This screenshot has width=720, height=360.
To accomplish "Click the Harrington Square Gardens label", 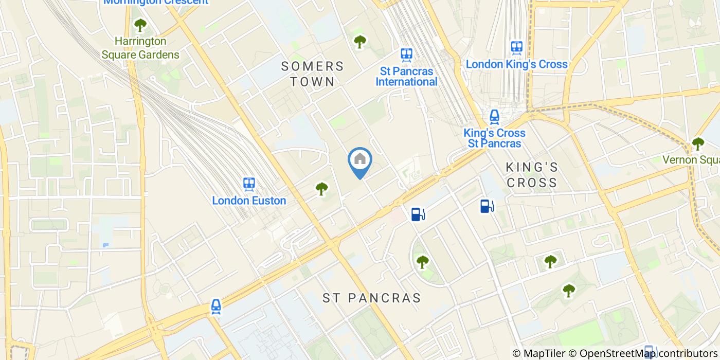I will tap(140, 48).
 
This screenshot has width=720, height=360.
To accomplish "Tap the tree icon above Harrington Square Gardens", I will tap(140, 25).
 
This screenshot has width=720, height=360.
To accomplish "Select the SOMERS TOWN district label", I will tap(312, 74).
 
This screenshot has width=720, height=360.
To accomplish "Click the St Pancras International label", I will tap(406, 76).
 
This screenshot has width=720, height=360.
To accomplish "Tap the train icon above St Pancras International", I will tap(407, 54).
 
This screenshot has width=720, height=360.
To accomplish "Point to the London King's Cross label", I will tap(516, 64).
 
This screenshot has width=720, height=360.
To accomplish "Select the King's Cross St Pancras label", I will tap(494, 138).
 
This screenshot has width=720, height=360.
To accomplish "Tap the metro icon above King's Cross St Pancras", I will tap(494, 117).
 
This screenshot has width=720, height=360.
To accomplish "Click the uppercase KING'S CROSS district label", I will tap(532, 175).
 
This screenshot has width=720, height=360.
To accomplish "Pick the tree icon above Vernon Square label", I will tap(697, 143).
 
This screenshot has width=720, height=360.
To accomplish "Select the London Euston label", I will tap(249, 201).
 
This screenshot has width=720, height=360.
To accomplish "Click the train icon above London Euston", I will tap(249, 184).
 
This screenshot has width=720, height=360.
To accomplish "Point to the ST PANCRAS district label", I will tap(371, 298).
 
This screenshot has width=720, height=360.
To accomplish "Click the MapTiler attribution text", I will tap(539, 353).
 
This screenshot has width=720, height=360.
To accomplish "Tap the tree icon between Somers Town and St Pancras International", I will tap(360, 42).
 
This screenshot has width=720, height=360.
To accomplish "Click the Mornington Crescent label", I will tap(156, 2).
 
